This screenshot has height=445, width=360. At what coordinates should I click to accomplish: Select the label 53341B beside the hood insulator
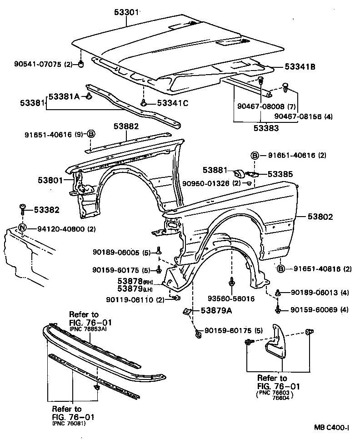tap(300, 67)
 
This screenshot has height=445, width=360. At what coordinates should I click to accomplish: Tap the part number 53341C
tap(173, 103)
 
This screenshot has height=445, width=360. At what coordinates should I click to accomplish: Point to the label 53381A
tap(64, 96)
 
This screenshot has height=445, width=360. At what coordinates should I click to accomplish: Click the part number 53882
tap(126, 126)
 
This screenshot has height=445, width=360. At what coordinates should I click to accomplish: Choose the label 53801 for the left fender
tap(50, 181)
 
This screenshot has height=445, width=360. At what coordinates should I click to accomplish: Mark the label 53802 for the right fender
tap(326, 217)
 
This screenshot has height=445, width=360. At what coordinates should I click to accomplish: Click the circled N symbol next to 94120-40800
tap(23, 229)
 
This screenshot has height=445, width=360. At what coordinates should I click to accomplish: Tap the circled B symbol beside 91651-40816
tap(281, 269)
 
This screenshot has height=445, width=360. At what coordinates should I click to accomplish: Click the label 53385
tap(280, 174)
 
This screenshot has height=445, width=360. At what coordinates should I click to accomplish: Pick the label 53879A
tap(216, 311)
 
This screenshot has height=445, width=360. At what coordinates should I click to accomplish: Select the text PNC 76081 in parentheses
tap(69, 423)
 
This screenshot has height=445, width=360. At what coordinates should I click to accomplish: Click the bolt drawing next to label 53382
tap(23, 210)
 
